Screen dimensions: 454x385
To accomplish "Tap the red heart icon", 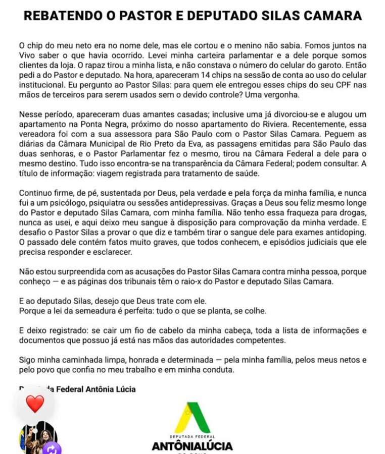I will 35,404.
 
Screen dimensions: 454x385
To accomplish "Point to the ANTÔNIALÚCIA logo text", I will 192,446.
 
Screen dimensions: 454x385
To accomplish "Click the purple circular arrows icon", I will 52,448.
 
